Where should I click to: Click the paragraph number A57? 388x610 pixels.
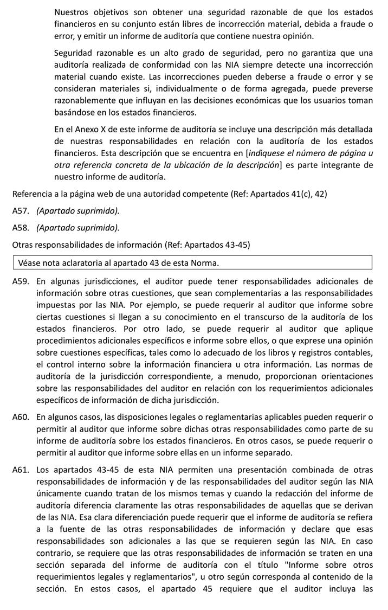tap(21, 210)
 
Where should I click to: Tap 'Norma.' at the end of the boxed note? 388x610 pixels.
tap(203, 263)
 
